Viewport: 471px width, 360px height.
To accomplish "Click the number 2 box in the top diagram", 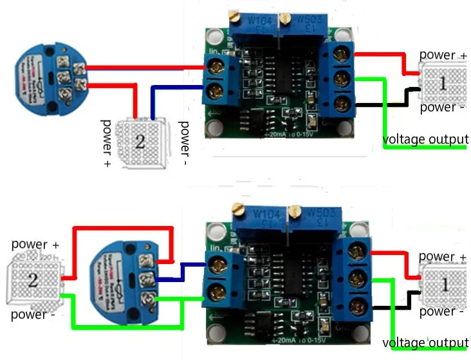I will coord(140,142).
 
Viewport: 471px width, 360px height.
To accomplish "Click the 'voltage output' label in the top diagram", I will coord(425,139).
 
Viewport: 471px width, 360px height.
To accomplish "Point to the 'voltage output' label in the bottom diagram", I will coord(425,342).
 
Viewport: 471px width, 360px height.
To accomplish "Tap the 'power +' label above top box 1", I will coord(443,55).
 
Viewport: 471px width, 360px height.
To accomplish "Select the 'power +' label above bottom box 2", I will coord(35,245).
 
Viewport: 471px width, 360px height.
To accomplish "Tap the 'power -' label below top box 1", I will coord(442,108).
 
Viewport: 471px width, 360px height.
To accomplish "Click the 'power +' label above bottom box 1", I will coord(443,258).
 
